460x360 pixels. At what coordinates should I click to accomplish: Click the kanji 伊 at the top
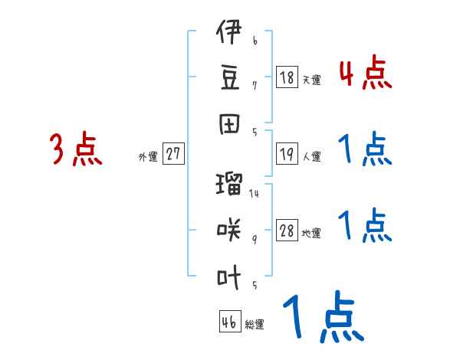click(x=229, y=35)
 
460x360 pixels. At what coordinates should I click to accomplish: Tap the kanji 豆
click(x=229, y=77)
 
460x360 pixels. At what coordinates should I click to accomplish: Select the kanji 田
click(x=229, y=123)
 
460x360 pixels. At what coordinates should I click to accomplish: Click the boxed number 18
click(x=287, y=77)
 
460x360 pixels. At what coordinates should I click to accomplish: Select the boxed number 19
click(x=287, y=154)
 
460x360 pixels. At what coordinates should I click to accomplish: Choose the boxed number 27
click(x=173, y=154)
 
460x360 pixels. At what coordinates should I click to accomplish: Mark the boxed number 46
click(x=229, y=322)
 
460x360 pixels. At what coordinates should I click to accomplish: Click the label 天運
click(x=311, y=80)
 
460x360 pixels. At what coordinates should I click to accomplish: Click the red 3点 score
click(x=76, y=149)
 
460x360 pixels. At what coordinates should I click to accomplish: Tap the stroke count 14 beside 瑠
click(x=254, y=193)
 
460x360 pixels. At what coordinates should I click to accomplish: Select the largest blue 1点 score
click(x=322, y=318)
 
